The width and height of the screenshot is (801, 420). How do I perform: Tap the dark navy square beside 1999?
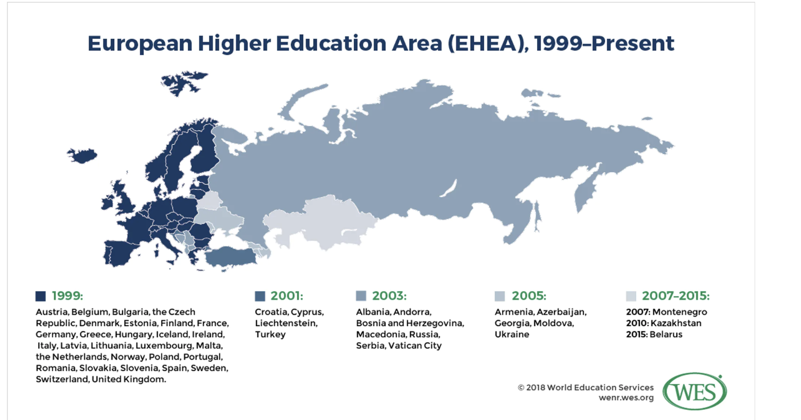click(x=41, y=296)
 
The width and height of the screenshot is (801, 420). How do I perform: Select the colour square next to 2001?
click(x=260, y=296)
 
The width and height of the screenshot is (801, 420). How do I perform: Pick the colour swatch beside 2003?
click(x=361, y=296)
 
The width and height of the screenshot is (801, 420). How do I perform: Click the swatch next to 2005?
click(x=500, y=296)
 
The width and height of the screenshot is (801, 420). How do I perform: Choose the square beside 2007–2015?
click(x=631, y=296)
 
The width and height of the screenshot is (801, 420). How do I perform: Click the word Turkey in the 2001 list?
click(x=270, y=334)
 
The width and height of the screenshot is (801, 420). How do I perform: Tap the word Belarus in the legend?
click(x=666, y=334)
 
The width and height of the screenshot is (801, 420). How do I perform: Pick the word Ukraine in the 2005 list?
click(x=512, y=334)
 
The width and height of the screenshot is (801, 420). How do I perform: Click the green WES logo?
click(x=695, y=391)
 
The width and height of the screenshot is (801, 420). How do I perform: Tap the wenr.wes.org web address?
click(x=626, y=398)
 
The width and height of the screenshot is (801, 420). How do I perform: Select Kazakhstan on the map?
click(x=319, y=222)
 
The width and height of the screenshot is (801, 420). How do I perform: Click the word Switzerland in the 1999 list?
click(x=62, y=379)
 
